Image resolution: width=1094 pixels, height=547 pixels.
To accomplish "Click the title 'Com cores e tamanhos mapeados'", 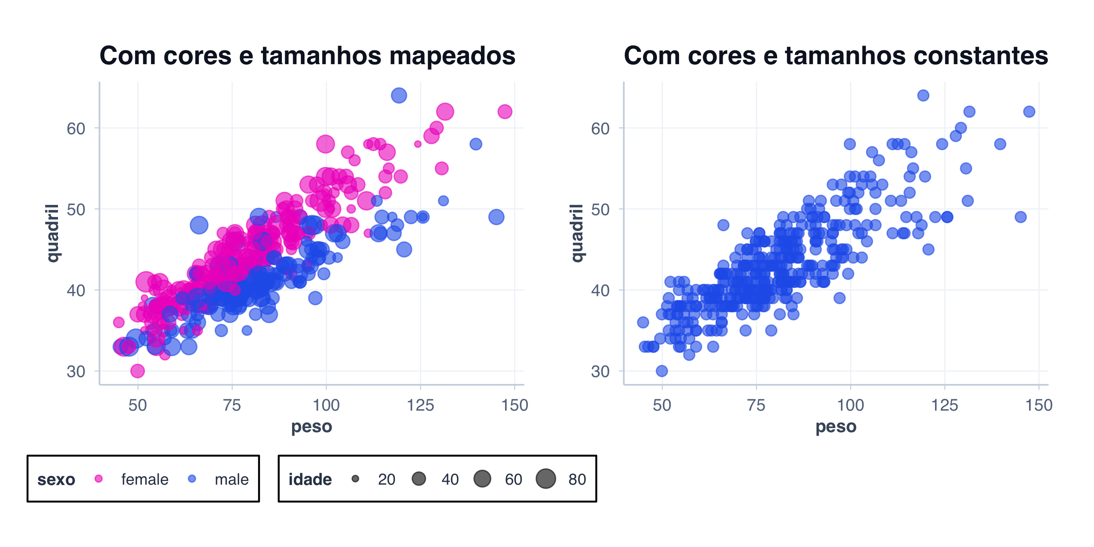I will tap(307, 56).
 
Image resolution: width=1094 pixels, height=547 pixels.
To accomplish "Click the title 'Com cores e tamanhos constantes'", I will tap(835, 56).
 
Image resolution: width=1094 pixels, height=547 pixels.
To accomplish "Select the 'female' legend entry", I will tap(144, 479).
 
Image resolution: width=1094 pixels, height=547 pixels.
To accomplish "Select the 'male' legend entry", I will tap(231, 479).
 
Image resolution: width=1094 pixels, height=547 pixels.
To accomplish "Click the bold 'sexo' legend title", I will tap(56, 479).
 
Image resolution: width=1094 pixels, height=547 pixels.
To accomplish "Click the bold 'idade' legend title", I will tap(310, 479).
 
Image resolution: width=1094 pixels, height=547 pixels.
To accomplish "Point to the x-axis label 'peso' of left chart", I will tap(311, 426).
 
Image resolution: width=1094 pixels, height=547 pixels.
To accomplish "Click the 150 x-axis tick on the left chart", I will tap(514, 405).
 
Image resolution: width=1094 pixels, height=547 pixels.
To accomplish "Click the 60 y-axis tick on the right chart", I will tap(600, 128).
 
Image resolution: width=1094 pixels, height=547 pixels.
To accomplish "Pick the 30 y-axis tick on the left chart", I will tap(76, 372).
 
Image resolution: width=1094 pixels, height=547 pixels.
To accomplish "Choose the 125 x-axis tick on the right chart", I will tap(944, 405).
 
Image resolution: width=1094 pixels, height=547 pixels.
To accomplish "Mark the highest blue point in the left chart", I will tap(399, 95).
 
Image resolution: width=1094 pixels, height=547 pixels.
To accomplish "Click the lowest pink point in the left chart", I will tap(137, 371).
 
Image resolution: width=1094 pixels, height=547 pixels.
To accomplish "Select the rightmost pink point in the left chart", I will tap(505, 112).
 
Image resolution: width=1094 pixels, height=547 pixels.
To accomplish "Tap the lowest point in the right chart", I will tap(662, 371).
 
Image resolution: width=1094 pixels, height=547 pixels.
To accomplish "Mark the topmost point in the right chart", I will tap(923, 95).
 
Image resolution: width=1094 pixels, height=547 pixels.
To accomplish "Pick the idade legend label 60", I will tap(513, 479).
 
